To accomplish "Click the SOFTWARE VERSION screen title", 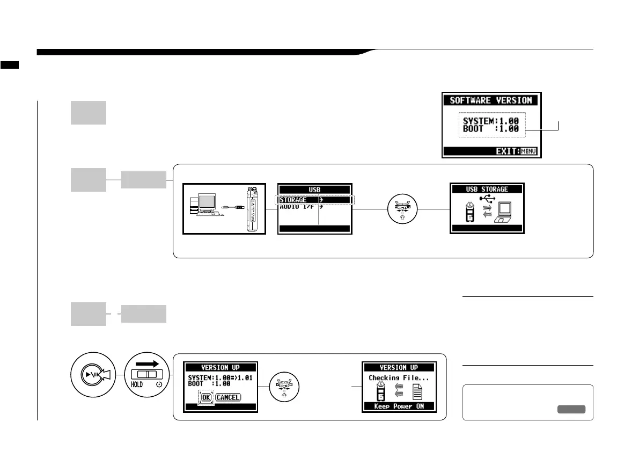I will (491, 100).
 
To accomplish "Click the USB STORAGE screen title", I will (486, 189).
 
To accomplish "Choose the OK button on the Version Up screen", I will (206, 398).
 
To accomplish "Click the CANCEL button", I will (228, 398).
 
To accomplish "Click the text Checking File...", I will (398, 378).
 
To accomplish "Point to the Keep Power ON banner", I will (398, 406).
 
